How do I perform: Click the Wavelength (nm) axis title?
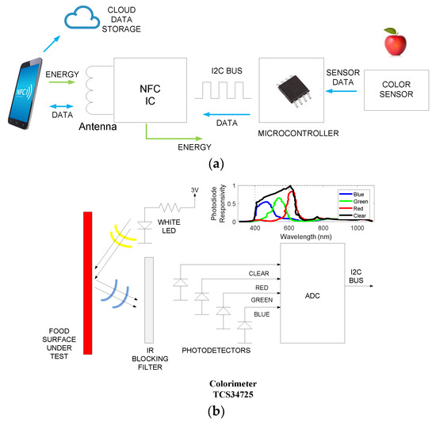[x=304, y=236]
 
